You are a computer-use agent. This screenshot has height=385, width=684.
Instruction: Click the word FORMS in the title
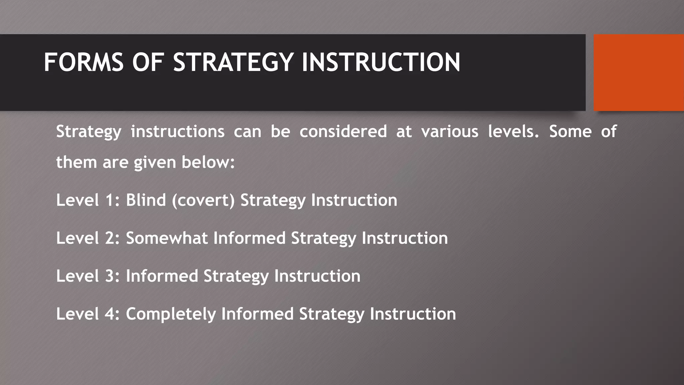click(83, 62)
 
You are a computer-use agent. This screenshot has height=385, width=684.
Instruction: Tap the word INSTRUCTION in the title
click(381, 62)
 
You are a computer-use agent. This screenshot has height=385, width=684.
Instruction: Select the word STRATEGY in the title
click(233, 62)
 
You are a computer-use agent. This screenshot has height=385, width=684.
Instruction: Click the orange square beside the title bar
click(639, 73)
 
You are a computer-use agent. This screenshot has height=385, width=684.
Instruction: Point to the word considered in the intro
click(343, 131)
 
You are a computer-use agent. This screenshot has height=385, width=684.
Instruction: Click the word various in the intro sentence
click(450, 131)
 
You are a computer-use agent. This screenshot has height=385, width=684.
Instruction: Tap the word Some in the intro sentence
click(570, 131)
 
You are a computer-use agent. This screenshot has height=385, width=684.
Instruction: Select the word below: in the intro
click(208, 162)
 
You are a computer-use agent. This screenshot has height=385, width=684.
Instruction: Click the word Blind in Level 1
click(146, 200)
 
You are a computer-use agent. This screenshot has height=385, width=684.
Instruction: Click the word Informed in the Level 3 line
click(162, 276)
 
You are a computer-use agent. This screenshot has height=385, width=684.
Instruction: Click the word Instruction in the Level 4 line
click(413, 314)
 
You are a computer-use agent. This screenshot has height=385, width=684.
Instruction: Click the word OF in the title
click(148, 62)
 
